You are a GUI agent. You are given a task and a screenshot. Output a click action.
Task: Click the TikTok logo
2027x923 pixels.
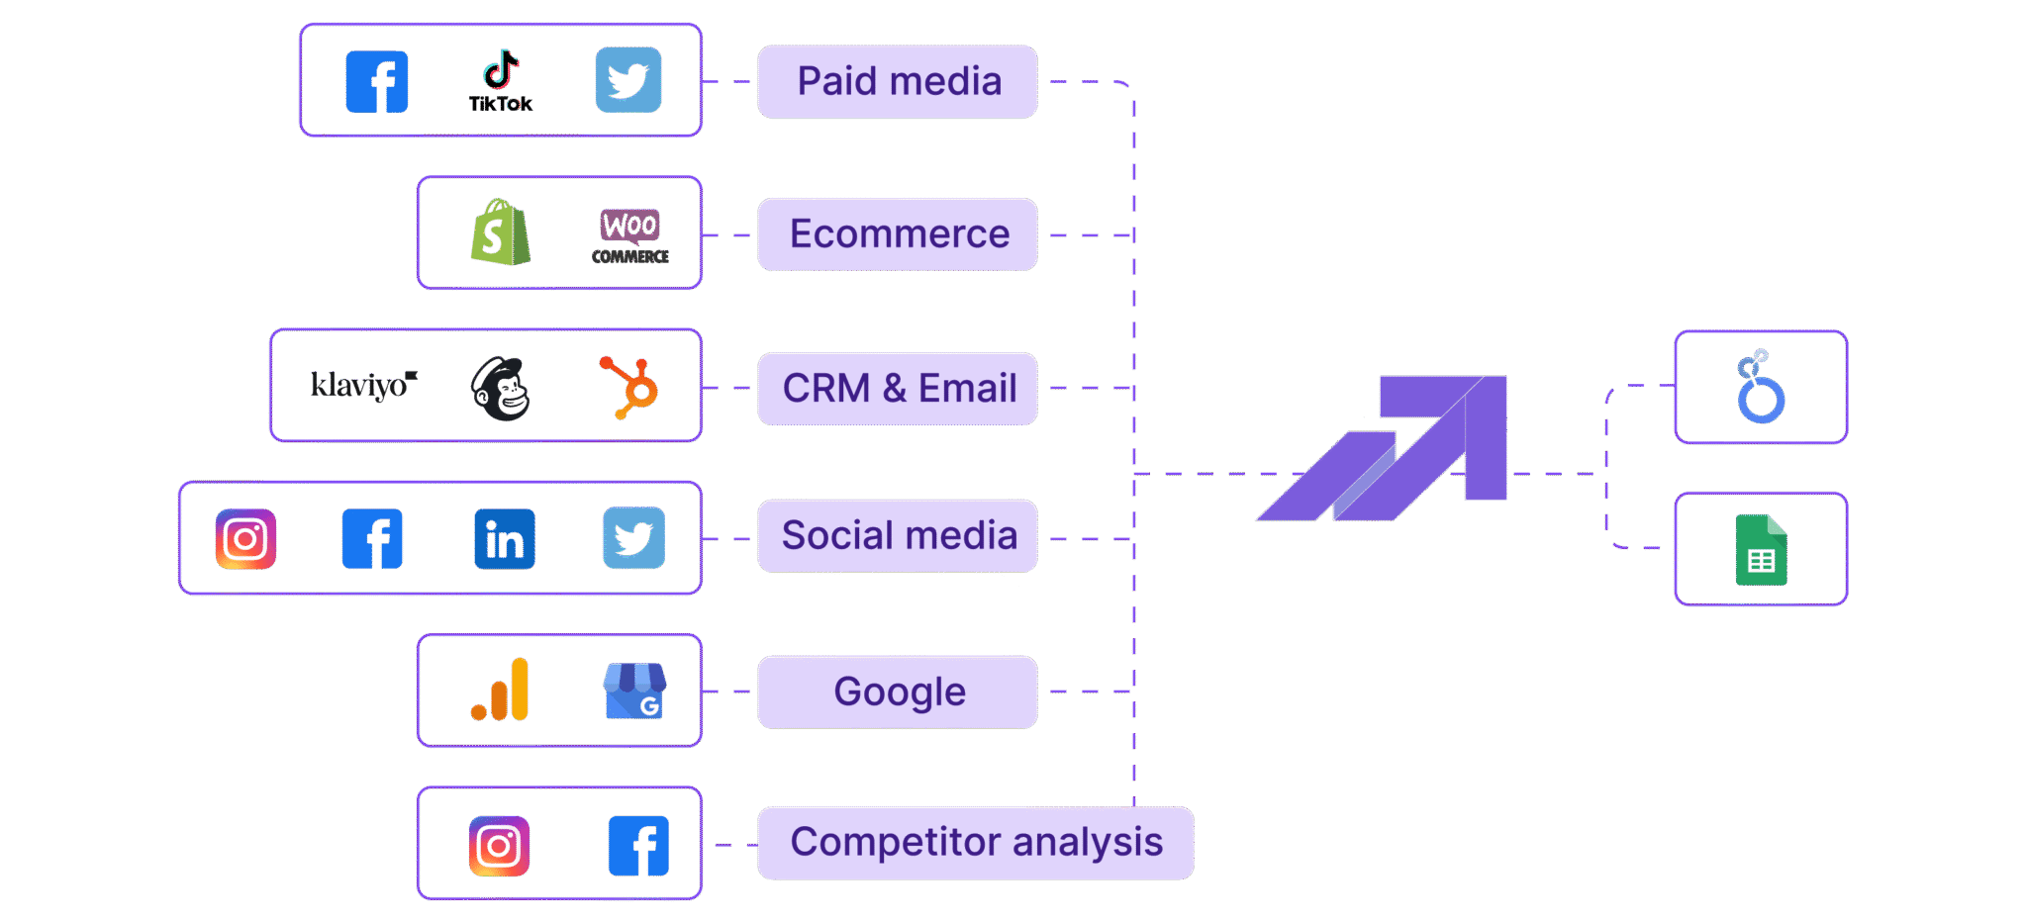[x=501, y=81]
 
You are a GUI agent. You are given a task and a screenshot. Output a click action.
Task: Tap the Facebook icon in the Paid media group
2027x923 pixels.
[x=376, y=81]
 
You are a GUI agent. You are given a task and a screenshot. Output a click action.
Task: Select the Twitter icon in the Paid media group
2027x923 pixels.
[x=627, y=80]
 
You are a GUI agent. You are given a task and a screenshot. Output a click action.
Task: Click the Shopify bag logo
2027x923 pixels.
[x=500, y=232]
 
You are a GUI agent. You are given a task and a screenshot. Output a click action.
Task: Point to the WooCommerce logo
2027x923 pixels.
[x=629, y=234]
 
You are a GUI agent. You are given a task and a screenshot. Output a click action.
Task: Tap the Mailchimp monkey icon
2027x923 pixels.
[x=501, y=389]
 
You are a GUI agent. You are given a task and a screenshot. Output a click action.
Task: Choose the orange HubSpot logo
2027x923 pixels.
[x=629, y=387]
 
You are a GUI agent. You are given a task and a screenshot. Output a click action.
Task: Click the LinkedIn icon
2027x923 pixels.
[x=505, y=539]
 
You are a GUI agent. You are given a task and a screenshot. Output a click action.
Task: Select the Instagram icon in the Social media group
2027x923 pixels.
[x=245, y=539]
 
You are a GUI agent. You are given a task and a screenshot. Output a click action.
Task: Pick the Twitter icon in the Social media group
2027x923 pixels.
[x=633, y=538]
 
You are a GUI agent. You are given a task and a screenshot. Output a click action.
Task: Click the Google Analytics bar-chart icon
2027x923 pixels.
[x=501, y=690]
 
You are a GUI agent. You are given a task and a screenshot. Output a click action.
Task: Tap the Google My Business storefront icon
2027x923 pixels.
[x=634, y=691]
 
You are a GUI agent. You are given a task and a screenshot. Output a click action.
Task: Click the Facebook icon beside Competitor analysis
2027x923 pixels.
[x=638, y=846]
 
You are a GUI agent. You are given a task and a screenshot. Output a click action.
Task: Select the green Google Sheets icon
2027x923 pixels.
[x=1761, y=550]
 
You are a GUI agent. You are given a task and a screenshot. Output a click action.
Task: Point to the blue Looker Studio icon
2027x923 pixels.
[x=1761, y=387]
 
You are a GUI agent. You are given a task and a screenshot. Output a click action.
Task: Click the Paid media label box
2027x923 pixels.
[x=898, y=81]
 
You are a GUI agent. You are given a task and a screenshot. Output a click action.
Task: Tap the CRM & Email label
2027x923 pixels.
[x=898, y=388]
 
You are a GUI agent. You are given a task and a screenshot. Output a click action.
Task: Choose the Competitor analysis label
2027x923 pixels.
[x=975, y=843]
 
